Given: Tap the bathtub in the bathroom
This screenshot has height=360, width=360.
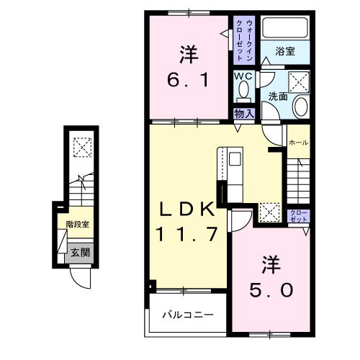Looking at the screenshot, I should [286, 28].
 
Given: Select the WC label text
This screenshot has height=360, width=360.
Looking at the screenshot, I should [242, 76].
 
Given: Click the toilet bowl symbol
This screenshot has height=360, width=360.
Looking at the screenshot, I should [242, 91].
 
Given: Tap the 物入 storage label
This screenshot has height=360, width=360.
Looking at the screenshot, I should [243, 112].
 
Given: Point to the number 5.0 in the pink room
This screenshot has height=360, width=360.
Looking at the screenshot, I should [271, 289].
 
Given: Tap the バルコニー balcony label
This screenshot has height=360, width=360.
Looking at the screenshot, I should [187, 315].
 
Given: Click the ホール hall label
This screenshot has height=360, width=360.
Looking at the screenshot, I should [298, 143].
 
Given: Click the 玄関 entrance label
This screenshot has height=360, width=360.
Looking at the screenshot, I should [80, 252].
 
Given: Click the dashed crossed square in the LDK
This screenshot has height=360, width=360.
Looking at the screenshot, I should [270, 211].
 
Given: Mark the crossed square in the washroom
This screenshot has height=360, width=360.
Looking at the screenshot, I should [298, 80].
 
